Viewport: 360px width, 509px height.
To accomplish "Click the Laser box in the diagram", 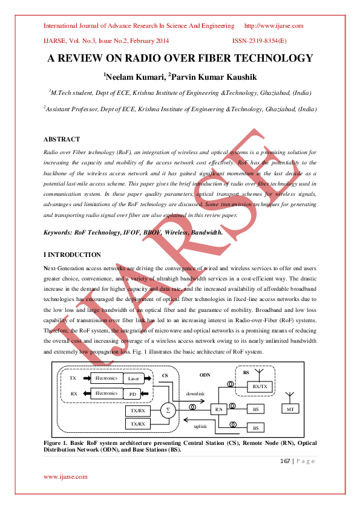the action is click(x=134, y=378).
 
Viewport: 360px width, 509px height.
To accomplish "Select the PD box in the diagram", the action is click(x=134, y=394).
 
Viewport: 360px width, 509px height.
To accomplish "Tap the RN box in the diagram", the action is click(x=220, y=409).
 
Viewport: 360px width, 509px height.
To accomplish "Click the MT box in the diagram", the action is click(x=290, y=409).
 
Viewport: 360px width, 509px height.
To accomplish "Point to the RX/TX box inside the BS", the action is click(x=259, y=386).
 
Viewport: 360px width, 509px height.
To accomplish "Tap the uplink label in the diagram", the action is click(x=201, y=426).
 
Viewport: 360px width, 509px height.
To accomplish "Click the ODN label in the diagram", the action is click(x=205, y=375).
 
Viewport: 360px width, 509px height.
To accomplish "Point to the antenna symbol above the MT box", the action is click(x=290, y=395).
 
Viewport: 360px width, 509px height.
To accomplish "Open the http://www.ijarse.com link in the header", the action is click(x=273, y=26).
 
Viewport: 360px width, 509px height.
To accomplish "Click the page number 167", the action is click(x=286, y=461).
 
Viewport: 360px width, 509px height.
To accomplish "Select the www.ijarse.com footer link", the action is click(x=65, y=476).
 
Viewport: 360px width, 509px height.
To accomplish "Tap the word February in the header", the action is click(x=140, y=41).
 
